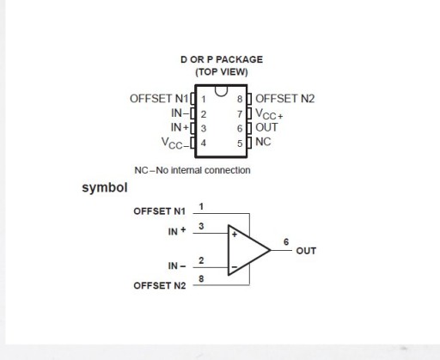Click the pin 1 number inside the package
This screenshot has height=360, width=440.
click(x=204, y=99)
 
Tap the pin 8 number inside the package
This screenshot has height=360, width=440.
click(x=240, y=99)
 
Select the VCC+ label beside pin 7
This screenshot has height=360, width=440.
click(x=269, y=114)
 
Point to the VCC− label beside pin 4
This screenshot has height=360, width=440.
click(x=175, y=143)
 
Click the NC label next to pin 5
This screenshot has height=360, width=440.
click(x=263, y=142)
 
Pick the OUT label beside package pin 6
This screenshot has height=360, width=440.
click(x=266, y=127)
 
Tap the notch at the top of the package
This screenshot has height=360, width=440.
click(x=221, y=91)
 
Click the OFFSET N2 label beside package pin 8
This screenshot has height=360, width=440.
click(x=285, y=99)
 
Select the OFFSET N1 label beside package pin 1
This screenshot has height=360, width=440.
click(x=159, y=99)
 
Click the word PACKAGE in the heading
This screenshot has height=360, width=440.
click(x=240, y=59)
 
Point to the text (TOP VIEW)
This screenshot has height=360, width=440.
click(x=222, y=72)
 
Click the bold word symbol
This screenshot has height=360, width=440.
click(x=105, y=188)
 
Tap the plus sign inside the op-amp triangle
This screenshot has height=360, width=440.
click(x=235, y=235)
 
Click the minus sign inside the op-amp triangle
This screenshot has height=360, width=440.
click(x=235, y=267)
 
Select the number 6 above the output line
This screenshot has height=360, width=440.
click(x=286, y=242)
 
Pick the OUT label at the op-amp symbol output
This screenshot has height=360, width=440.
click(x=306, y=251)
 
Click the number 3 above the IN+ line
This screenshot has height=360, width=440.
click(x=201, y=226)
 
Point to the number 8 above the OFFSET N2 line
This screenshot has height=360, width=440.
click(x=201, y=278)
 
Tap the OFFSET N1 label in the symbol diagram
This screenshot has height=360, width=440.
click(x=160, y=211)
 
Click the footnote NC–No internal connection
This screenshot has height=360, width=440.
click(x=192, y=170)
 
